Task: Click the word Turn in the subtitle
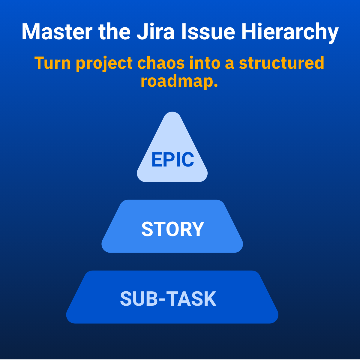52,63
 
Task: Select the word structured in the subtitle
281,63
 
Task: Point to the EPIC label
172,160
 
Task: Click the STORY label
172,229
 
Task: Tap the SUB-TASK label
168,299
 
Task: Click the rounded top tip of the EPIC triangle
172,115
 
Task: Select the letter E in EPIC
157,160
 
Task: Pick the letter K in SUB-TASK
210,299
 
